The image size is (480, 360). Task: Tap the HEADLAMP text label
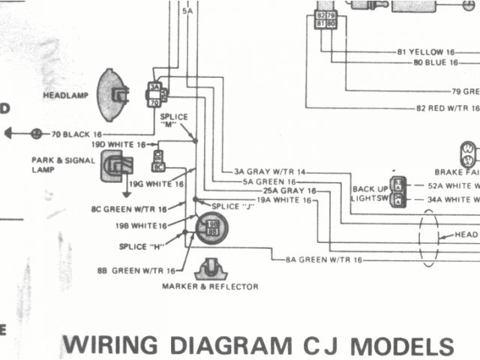67,95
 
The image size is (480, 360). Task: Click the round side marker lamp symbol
211,227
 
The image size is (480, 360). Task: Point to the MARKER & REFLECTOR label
210,286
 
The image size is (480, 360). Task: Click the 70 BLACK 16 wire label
76,134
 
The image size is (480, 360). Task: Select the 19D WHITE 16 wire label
118,144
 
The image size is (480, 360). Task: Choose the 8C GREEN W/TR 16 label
128,208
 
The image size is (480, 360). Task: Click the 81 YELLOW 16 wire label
427,52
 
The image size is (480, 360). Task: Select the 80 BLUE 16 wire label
435,62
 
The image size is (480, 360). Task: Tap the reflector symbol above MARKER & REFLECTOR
211,268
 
